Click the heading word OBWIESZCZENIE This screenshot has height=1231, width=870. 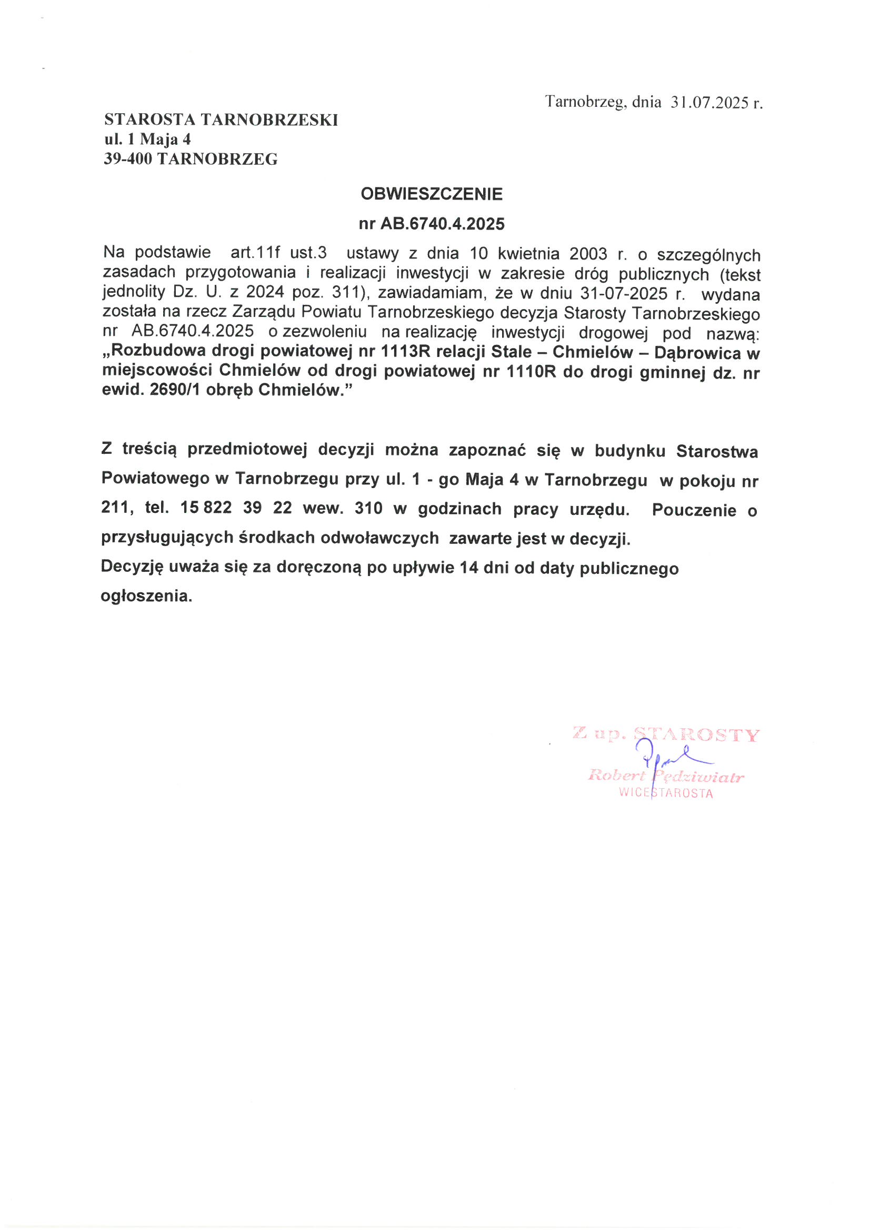click(432, 194)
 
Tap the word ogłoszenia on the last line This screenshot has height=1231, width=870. click(146, 596)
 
